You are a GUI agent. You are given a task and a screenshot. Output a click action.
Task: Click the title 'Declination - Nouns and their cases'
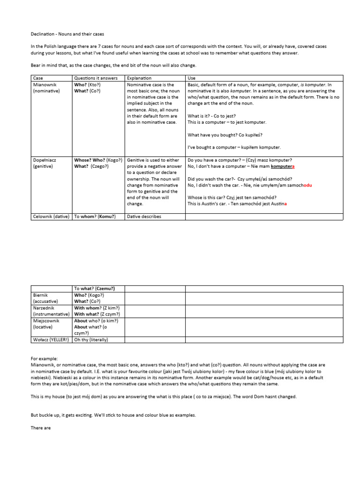(x=68, y=34)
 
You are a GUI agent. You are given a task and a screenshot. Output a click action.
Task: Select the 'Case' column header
(x=38, y=77)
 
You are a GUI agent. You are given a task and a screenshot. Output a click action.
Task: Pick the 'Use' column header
(x=192, y=77)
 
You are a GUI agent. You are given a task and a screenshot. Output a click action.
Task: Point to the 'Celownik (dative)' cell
(x=51, y=216)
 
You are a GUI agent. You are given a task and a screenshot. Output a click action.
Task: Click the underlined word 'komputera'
(x=283, y=166)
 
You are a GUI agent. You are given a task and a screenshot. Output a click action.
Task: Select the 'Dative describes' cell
(x=144, y=216)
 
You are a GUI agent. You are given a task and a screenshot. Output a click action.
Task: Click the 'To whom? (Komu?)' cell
(x=95, y=216)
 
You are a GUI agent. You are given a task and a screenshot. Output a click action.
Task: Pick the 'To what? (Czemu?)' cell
(x=94, y=289)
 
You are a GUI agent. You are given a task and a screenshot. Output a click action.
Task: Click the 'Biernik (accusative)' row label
(x=45, y=298)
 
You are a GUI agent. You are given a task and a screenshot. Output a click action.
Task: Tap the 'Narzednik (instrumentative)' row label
(x=51, y=311)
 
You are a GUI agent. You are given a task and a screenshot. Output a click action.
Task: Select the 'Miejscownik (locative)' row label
(x=47, y=323)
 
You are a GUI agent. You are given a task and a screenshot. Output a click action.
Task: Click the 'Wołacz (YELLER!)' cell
(x=51, y=339)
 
